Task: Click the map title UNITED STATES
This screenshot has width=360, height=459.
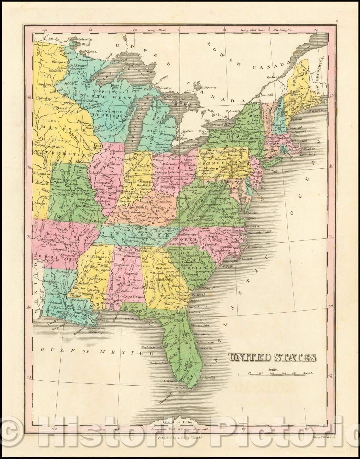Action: (272, 357)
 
